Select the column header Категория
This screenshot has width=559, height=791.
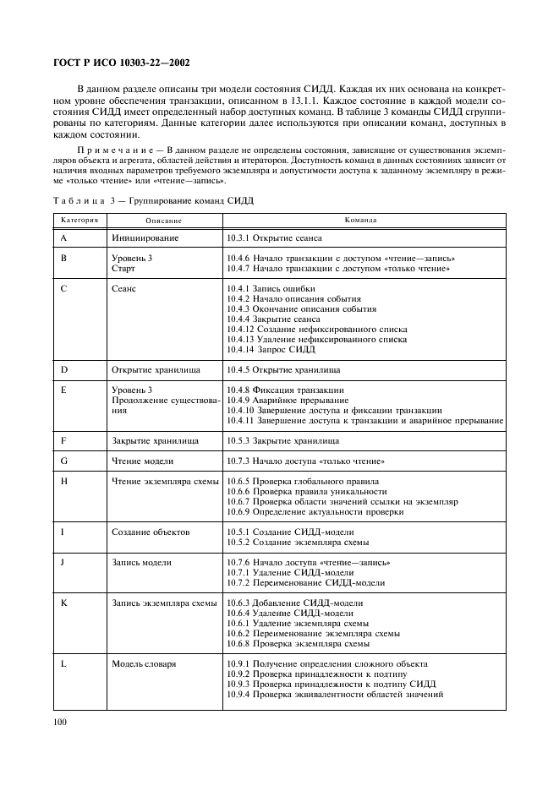79,220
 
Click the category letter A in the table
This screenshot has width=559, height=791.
64,239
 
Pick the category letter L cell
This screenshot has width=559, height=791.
64,664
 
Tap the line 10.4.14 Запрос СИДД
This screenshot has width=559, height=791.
271,349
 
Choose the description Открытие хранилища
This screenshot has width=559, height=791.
156,370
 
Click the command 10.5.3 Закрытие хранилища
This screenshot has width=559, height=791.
283,440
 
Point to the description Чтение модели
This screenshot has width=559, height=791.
143,461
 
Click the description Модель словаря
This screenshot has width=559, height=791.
145,664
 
